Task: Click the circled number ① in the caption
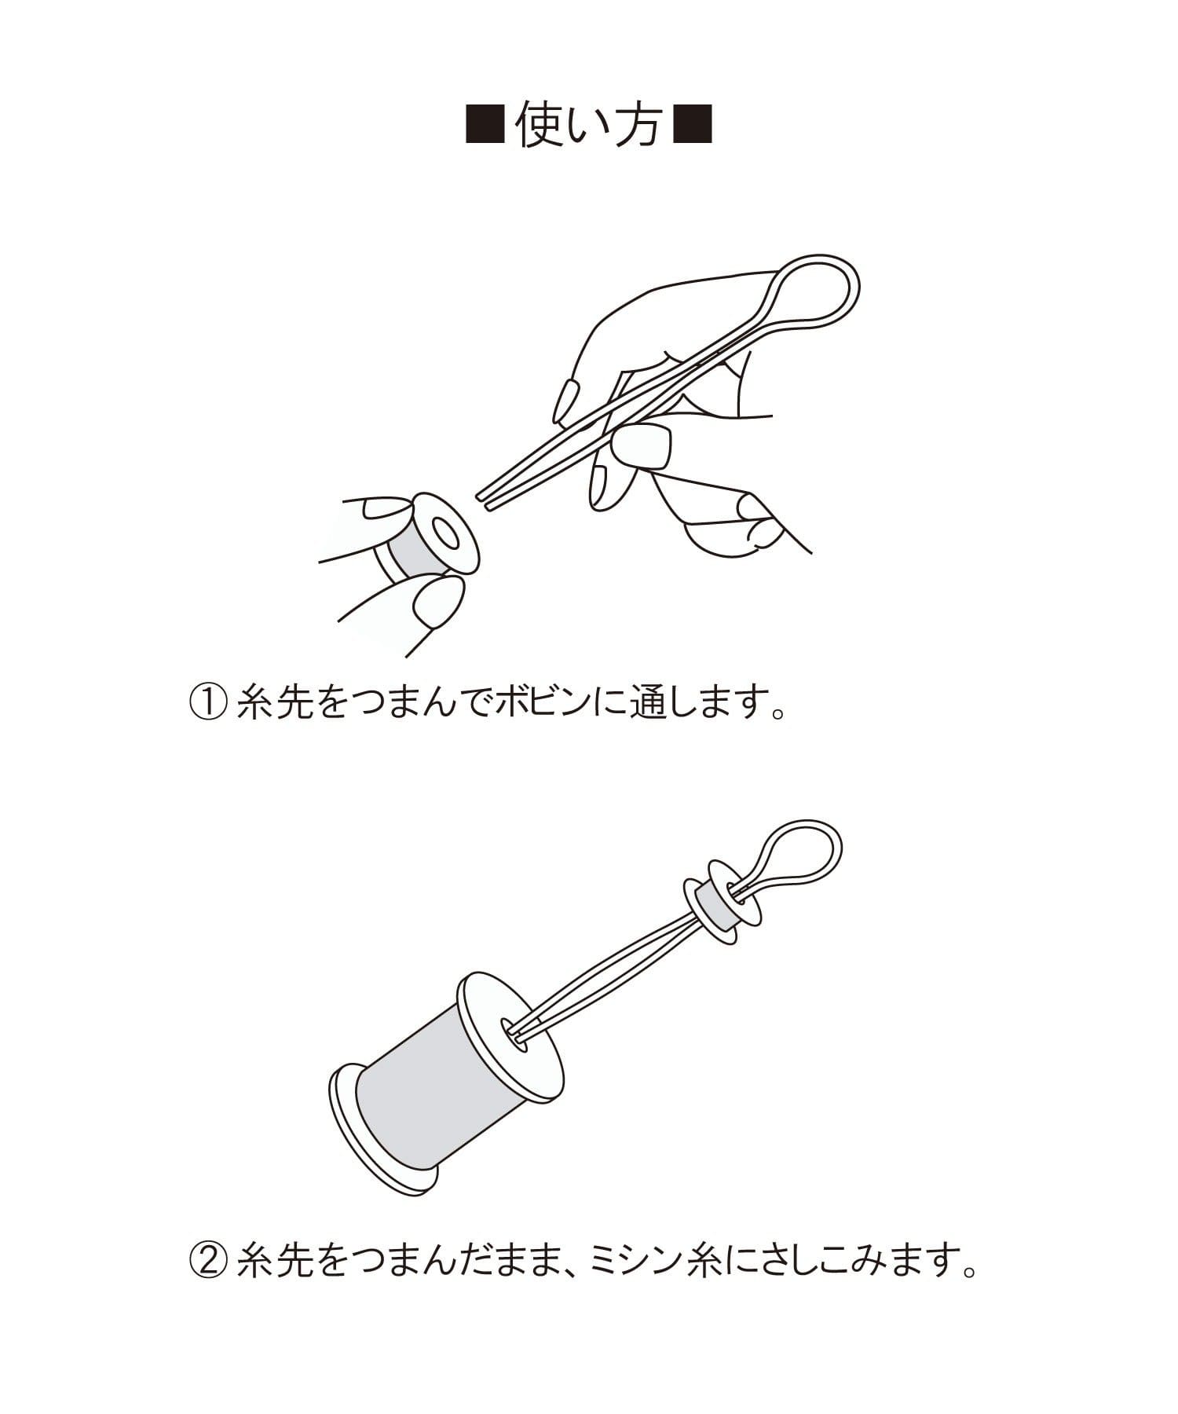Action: point(208,702)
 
